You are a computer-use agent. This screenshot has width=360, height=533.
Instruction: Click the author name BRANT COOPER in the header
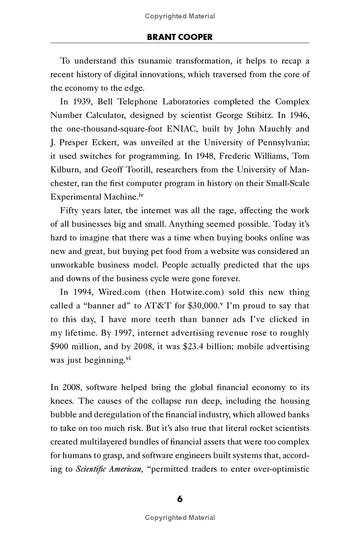[x=180, y=37]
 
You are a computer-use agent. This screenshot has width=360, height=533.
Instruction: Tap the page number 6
[x=180, y=499]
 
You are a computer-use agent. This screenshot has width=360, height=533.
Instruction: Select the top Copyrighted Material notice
[x=180, y=16]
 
